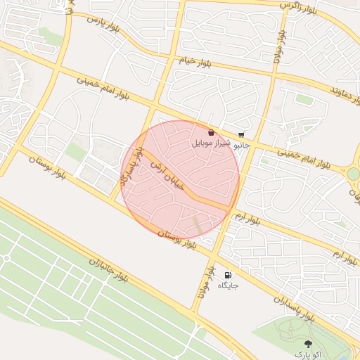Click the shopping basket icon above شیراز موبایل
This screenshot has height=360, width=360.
click(211, 132)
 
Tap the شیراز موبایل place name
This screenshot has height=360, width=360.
click(210, 143)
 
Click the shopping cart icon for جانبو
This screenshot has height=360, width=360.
click(242, 134)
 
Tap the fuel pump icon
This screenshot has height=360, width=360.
click(227, 275)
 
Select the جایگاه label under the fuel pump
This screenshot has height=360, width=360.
click(228, 285)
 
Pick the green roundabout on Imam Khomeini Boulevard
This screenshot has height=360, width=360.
click(353, 174)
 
